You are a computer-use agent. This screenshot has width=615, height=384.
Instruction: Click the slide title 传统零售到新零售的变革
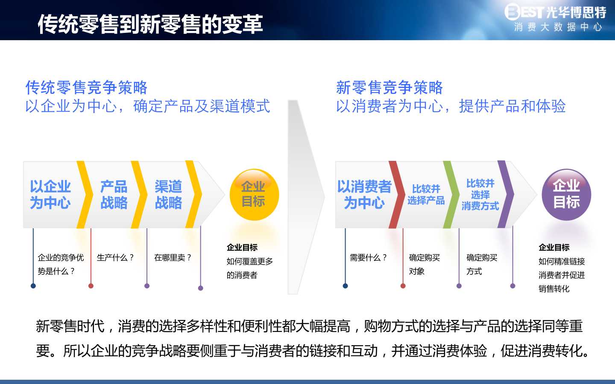click(x=150, y=24)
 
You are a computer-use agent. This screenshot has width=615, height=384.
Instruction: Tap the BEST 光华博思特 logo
click(x=555, y=12)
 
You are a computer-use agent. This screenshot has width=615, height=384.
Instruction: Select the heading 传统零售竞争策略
click(x=86, y=87)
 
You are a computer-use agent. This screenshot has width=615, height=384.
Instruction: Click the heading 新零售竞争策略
click(x=389, y=87)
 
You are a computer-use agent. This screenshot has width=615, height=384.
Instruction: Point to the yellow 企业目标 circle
click(x=254, y=195)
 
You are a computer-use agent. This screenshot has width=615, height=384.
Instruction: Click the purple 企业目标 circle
click(x=566, y=195)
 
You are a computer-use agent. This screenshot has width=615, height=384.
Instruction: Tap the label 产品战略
click(x=114, y=195)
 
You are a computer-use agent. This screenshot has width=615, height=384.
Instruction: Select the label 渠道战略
click(x=168, y=195)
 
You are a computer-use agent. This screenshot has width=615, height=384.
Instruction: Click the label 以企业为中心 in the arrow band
click(x=50, y=195)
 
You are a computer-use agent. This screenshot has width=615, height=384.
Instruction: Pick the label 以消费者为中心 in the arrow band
click(x=364, y=195)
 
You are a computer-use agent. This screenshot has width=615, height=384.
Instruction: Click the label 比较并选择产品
click(x=426, y=195)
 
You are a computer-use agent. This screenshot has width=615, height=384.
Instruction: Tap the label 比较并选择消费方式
click(x=480, y=195)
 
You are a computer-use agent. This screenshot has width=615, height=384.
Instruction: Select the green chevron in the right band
click(x=451, y=195)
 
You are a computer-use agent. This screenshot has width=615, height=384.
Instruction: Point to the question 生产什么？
click(x=115, y=258)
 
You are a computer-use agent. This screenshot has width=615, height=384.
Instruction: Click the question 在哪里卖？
click(x=173, y=258)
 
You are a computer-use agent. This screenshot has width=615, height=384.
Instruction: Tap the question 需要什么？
click(x=368, y=258)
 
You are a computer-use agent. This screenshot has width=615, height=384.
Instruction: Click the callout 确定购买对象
click(x=424, y=265)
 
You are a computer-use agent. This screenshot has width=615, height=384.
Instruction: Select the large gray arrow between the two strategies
click(x=306, y=197)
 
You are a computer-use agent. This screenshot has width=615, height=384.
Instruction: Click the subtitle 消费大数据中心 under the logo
click(x=558, y=27)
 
